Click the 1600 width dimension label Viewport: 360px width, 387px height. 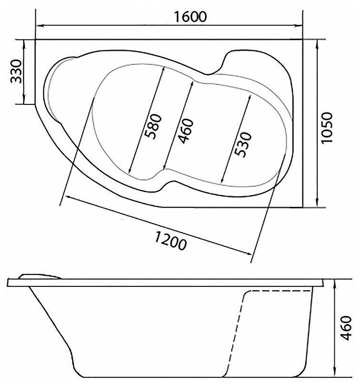(x=190, y=17)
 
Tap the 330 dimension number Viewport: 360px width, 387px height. (x=16, y=71)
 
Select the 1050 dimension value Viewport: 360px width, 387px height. (x=327, y=127)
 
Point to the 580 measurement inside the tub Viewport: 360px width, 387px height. (x=153, y=126)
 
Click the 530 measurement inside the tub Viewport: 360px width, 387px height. (x=243, y=144)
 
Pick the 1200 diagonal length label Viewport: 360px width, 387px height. (x=170, y=241)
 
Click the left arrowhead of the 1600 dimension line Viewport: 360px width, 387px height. (x=40, y=25)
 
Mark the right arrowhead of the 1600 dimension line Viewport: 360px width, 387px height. (x=299, y=25)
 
